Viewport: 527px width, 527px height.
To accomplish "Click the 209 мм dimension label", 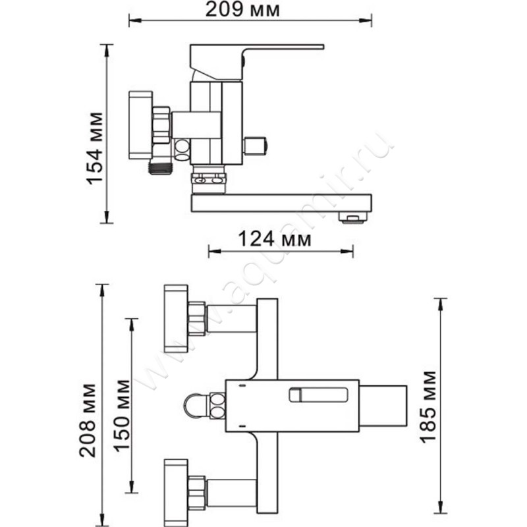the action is [x=242, y=9].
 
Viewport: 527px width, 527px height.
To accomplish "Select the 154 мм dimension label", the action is [x=94, y=148].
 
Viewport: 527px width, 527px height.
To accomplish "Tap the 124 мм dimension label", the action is [x=275, y=239].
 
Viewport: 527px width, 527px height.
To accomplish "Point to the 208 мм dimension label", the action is [x=88, y=420].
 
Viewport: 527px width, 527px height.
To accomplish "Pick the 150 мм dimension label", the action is [x=121, y=416].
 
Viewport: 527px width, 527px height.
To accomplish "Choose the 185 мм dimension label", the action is [x=429, y=406].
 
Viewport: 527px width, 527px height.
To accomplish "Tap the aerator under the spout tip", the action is [x=352, y=218].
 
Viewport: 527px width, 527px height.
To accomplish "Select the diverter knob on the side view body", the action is [x=256, y=146].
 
